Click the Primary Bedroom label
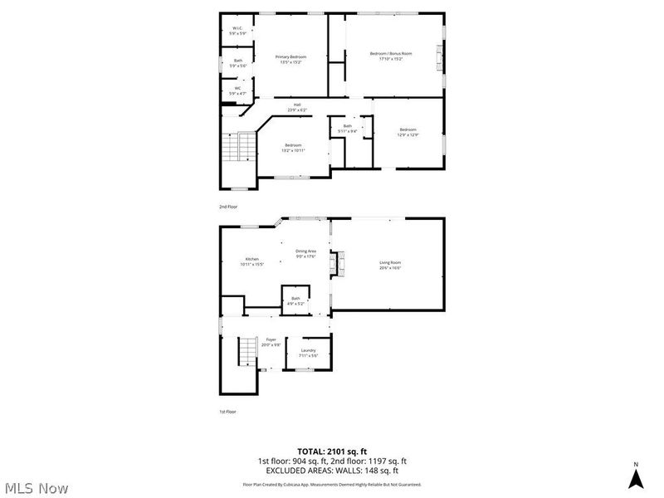290,59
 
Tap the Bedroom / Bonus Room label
390,56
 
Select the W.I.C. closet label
237,31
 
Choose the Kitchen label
251,261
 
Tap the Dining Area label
305,253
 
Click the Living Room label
390,265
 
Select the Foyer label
271,342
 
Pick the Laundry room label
309,353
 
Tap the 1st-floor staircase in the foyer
245,354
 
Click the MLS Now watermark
35,488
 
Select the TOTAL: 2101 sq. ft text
331,451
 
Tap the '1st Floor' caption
227,411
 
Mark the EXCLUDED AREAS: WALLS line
331,470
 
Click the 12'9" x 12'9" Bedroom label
407,132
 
